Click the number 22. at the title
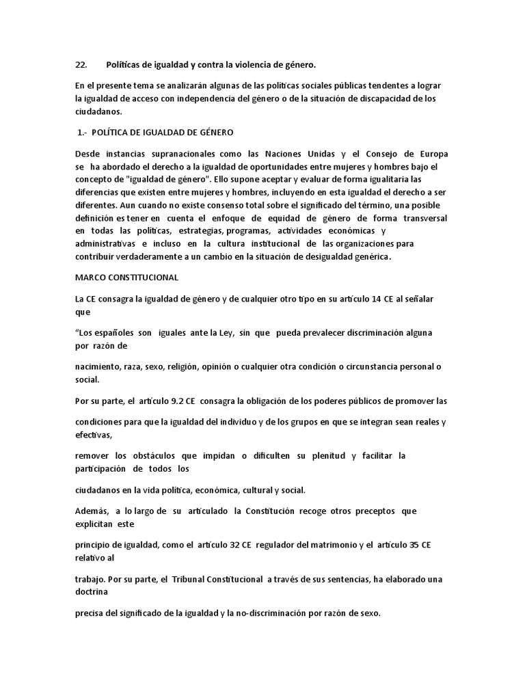[81, 65]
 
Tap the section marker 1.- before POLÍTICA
[81, 132]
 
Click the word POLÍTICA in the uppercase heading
[113, 132]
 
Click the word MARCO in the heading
[91, 278]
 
